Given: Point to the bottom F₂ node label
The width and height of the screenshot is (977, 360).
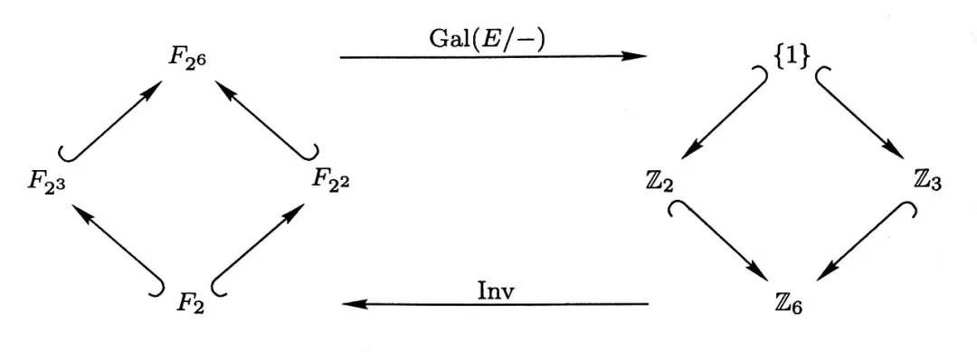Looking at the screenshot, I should coord(189,300).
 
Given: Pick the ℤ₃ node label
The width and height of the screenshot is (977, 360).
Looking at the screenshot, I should coord(928,181).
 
